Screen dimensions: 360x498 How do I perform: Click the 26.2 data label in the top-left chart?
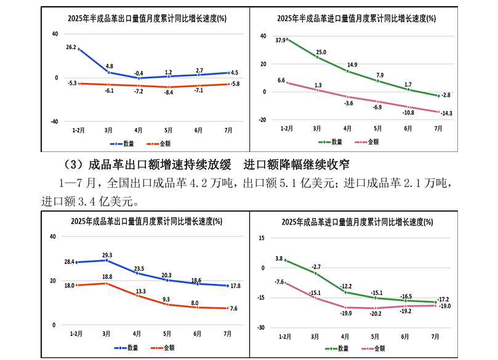(x=71, y=47)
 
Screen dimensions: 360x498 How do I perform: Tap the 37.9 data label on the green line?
(x=281, y=41)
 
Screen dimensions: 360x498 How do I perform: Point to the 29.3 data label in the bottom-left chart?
(x=107, y=255)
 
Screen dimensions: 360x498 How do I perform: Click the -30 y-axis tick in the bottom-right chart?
(x=261, y=327)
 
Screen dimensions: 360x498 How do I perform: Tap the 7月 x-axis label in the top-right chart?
(x=438, y=129)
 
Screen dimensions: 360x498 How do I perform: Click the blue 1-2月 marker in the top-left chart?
(x=78, y=49)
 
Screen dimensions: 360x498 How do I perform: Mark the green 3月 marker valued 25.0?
(x=317, y=57)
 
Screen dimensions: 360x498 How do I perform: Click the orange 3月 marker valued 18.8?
(x=107, y=283)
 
